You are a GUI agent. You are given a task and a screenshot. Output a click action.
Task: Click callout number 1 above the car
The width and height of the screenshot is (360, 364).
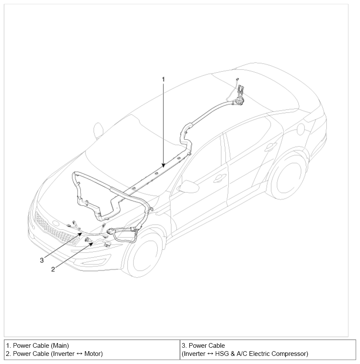163,79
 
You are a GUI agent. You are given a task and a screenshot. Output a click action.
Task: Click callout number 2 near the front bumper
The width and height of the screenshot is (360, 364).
53,269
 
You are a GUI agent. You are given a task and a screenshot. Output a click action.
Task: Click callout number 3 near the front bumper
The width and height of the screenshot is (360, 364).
42,260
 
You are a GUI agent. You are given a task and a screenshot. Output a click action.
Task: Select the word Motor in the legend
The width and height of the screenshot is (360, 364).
93,354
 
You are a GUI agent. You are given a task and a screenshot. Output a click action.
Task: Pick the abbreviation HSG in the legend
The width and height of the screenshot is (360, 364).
222,354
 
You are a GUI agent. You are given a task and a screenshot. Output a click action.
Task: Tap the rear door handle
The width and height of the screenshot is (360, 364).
270,146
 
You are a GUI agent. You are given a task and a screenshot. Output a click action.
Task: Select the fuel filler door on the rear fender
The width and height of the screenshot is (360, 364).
301,128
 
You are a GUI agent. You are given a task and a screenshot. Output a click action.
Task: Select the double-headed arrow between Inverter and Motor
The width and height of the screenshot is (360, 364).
79,354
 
